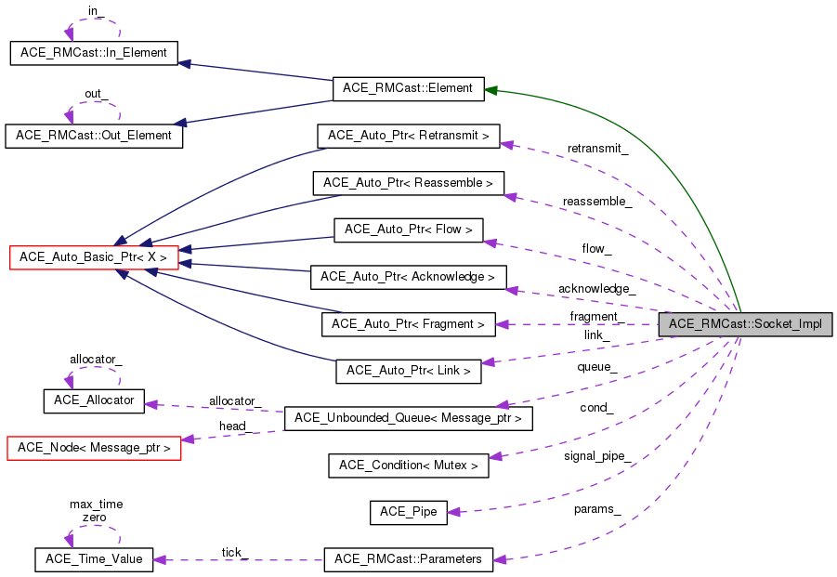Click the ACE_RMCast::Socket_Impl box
point(745,323)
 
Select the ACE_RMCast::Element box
point(408,88)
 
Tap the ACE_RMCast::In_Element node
point(93,53)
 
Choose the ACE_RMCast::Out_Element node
point(94,135)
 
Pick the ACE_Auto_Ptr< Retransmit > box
point(409,136)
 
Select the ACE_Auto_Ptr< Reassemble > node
point(409,183)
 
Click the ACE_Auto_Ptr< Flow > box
point(409,229)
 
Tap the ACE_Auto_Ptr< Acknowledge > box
point(409,277)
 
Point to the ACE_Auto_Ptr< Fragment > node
point(408,324)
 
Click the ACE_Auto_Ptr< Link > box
point(409,371)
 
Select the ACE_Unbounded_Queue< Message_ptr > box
point(409,418)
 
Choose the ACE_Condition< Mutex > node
point(409,466)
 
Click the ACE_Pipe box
point(409,512)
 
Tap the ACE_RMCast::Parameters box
point(409,559)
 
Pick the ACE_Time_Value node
point(93,559)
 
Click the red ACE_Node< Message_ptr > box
point(93,448)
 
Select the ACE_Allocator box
point(93,401)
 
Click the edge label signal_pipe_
point(597,455)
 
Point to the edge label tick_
point(234,552)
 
